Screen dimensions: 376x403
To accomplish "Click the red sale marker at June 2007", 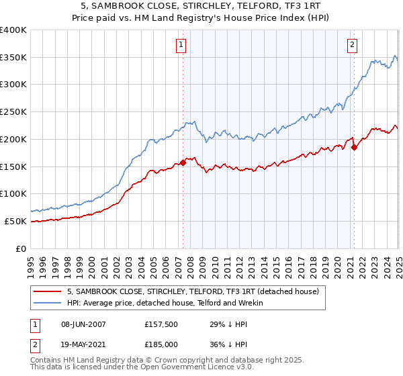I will (x=183, y=162).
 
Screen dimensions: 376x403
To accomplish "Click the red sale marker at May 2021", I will (x=354, y=147).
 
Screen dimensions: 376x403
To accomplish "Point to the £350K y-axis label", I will (x=13, y=57).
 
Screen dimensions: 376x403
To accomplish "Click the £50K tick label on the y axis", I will (x=16, y=221).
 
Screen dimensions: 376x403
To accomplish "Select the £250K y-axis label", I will (x=13, y=111).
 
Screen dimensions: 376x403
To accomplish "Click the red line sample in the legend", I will (x=48, y=291).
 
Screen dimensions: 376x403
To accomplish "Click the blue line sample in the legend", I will (x=48, y=303).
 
